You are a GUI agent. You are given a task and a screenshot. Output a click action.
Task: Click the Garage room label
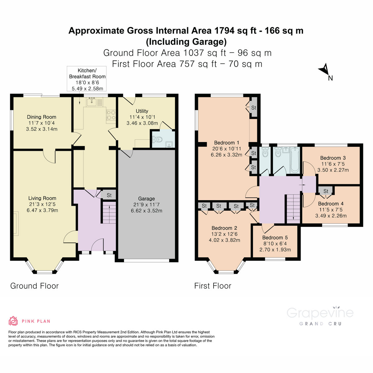click(146, 199)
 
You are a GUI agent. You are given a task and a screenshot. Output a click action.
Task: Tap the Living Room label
click(42, 198)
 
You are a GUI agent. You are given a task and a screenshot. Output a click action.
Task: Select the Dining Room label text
click(42, 117)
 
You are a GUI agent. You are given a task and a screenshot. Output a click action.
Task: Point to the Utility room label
click(142, 111)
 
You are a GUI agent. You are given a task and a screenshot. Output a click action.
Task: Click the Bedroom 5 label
click(275, 237)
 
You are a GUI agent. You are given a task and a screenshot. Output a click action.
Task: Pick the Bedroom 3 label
click(333, 158)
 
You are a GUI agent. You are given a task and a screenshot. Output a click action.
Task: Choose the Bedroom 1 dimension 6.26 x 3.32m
click(226, 154)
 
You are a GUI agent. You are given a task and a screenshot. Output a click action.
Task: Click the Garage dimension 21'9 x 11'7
click(146, 205)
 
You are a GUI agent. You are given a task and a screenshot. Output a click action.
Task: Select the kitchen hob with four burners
click(111, 115)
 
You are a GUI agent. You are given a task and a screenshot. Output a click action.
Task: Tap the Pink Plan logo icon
click(13, 321)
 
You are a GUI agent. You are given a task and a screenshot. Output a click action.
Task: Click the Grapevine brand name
click(320, 313)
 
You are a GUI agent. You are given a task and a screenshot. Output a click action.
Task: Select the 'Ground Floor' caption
click(35, 286)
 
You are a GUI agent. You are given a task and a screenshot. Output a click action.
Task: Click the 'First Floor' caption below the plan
click(213, 286)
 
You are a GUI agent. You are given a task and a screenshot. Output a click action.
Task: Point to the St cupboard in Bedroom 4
click(326, 191)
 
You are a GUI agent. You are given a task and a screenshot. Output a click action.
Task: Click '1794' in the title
click(224, 31)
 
